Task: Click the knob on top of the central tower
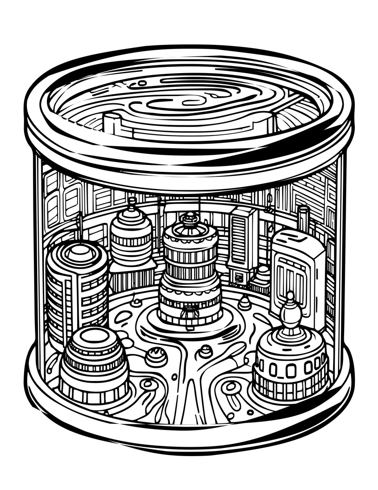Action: pos(190,218)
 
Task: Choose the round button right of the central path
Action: pos(206,351)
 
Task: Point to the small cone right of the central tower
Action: pos(244,302)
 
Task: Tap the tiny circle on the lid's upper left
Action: pos(142,83)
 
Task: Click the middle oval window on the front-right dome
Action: pos(291,370)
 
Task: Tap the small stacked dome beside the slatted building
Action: pos(262,274)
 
